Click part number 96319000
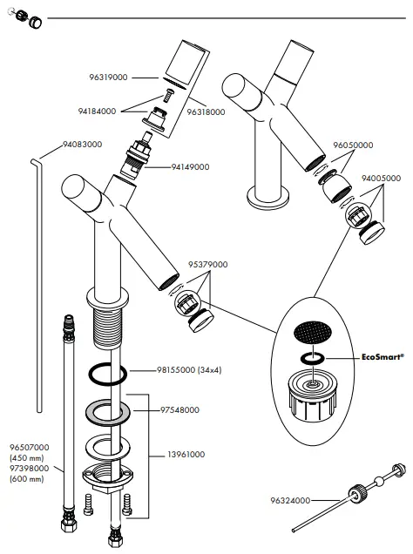[108, 77]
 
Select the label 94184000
[97, 111]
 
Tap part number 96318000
[206, 112]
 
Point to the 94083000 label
[82, 144]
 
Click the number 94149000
[191, 166]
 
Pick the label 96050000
[353, 145]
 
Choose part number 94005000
[382, 178]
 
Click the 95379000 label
[207, 264]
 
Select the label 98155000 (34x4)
[189, 370]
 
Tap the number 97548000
[179, 410]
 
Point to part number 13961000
[186, 455]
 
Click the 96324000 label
[290, 500]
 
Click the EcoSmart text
[383, 357]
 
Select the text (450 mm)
[27, 458]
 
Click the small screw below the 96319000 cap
[169, 96]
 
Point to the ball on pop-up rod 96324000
[378, 481]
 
